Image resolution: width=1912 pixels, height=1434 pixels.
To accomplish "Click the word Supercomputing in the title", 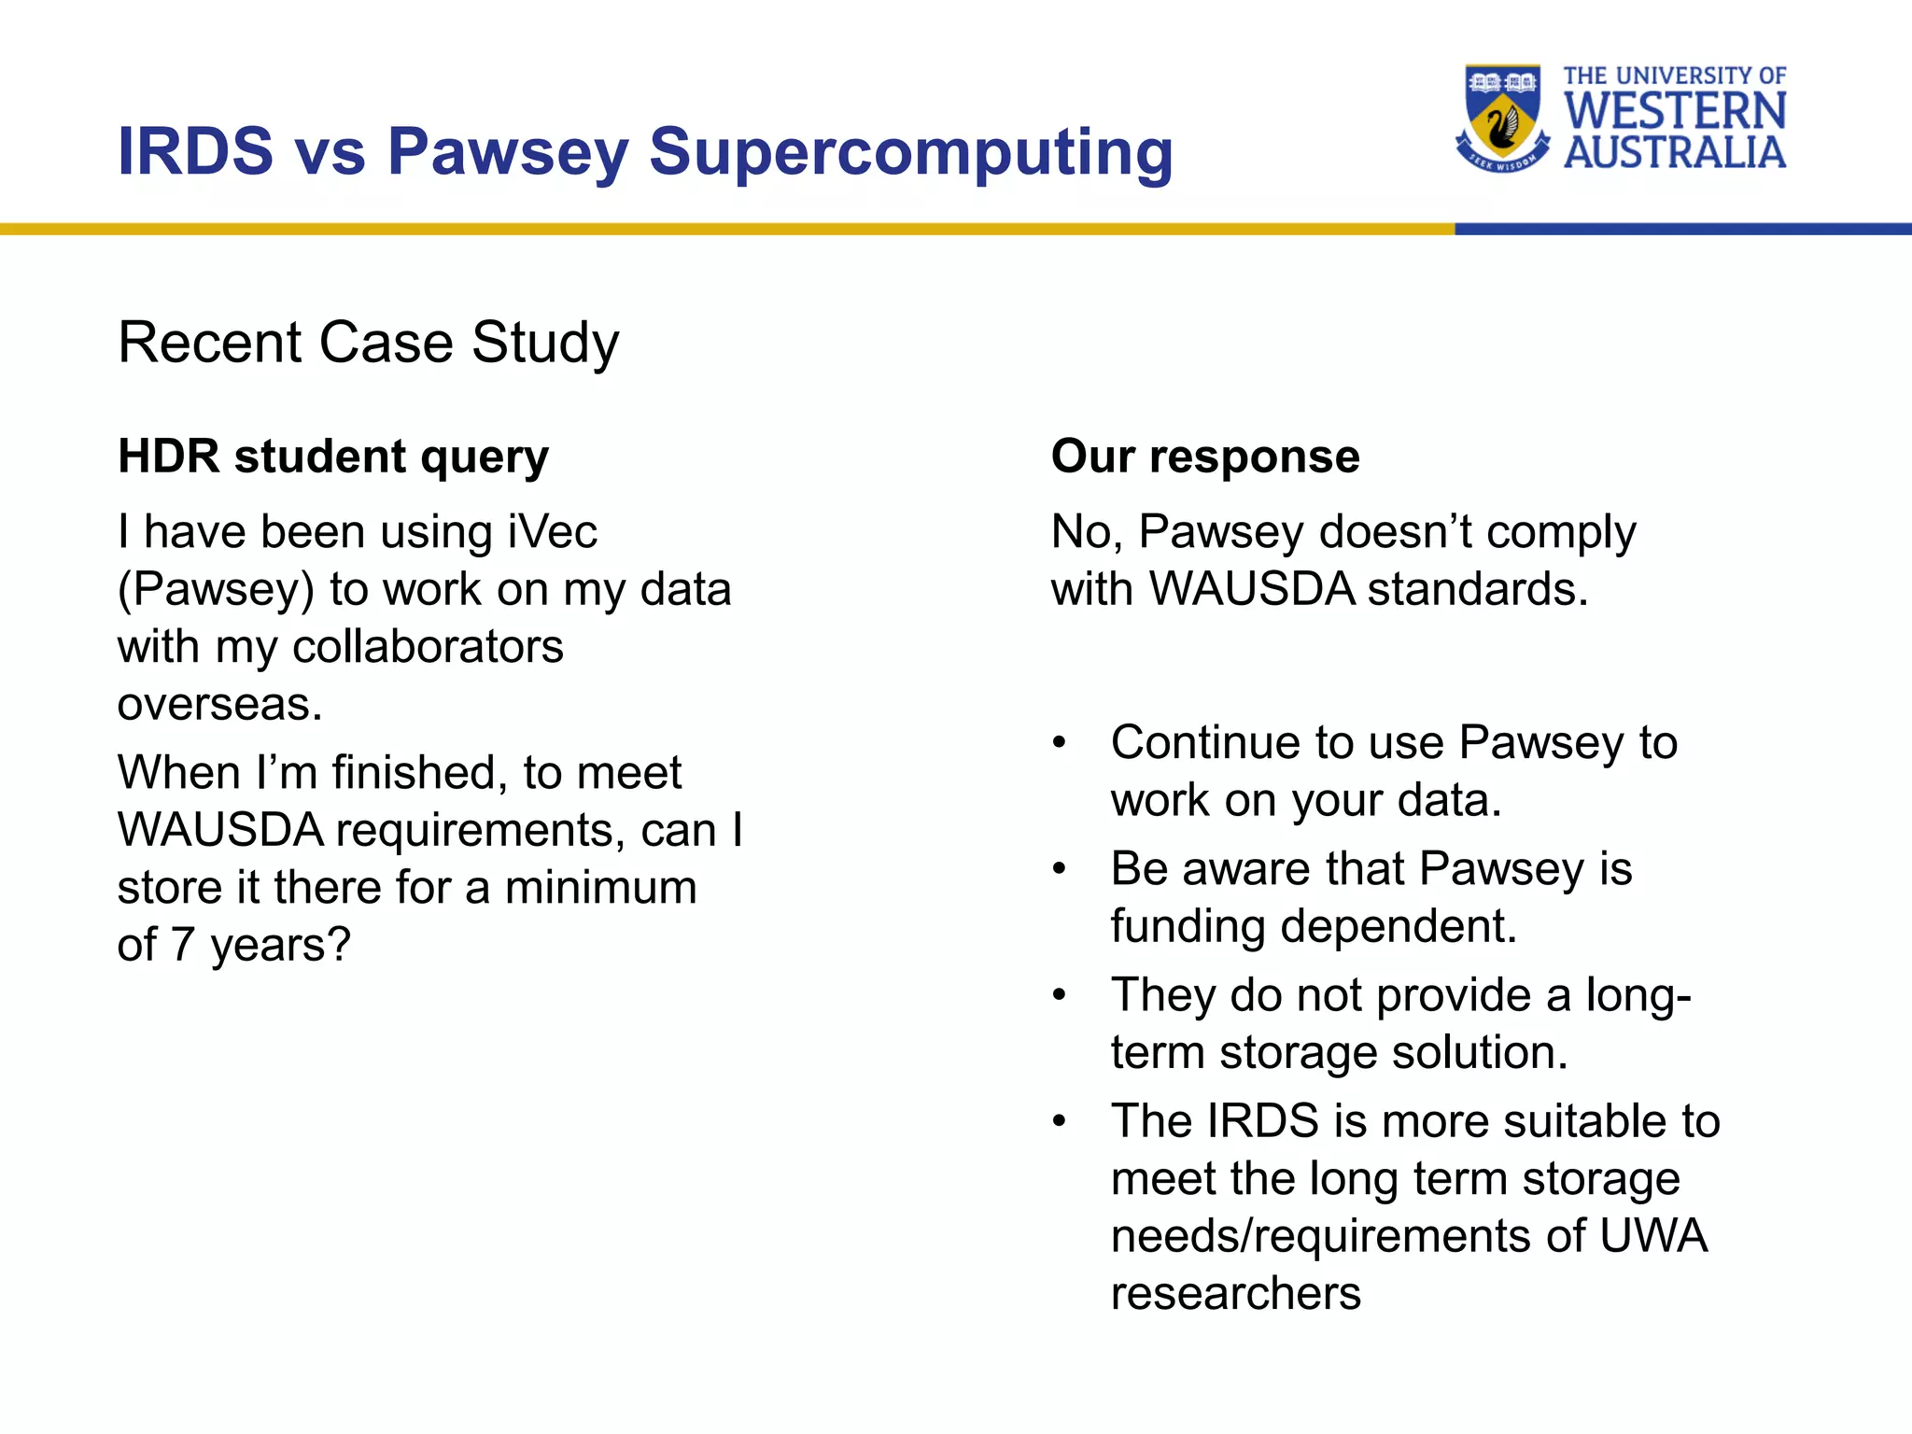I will point(910,152).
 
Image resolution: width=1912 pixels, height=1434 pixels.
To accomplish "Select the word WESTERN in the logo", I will point(1675,111).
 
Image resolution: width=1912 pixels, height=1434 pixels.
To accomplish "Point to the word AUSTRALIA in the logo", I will point(1675,153).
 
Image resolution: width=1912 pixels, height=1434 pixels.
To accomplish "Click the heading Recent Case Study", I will point(368,343).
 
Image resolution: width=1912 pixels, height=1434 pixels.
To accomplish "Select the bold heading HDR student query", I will point(333,457).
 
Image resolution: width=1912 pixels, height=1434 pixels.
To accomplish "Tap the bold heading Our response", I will point(1204,457).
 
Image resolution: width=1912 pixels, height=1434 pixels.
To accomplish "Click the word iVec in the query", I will point(552,532).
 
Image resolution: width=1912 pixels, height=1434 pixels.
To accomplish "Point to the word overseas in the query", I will point(219,704).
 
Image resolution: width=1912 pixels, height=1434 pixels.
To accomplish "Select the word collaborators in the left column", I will point(428,647).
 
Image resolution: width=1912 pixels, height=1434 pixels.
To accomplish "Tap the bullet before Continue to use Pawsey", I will point(1059,743).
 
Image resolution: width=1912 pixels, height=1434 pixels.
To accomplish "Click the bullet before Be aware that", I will point(1059,869).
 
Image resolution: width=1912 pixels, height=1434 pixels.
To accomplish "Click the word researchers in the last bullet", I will point(1235,1293).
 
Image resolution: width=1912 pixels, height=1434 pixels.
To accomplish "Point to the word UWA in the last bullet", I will point(1652,1235).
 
